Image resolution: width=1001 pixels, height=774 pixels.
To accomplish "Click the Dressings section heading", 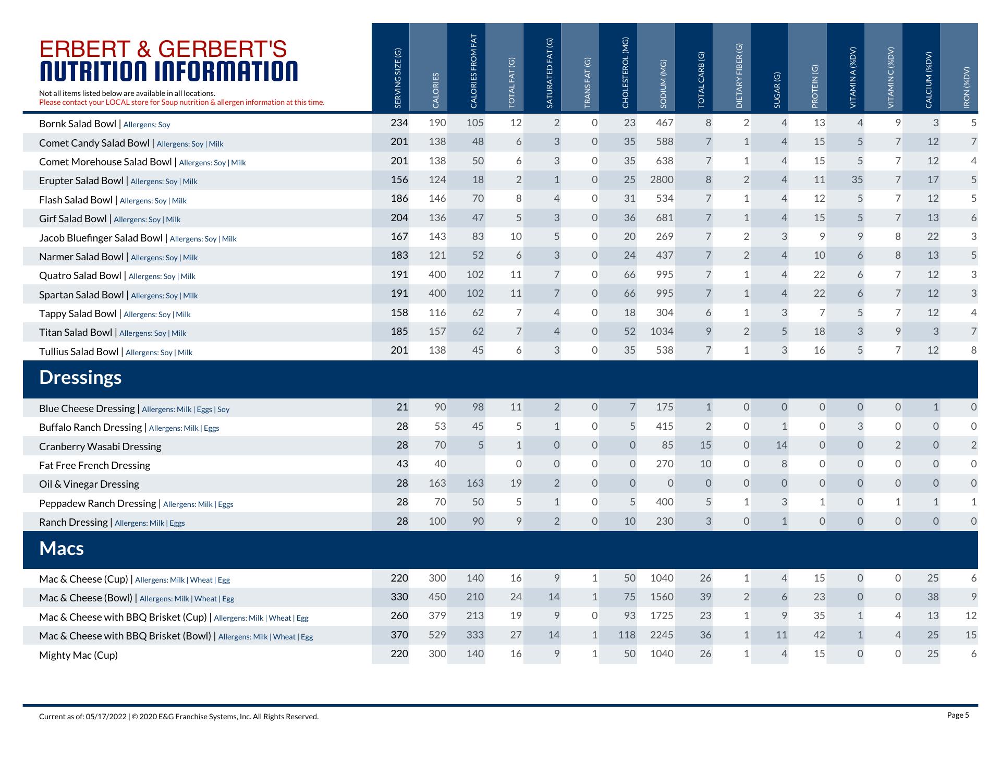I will tap(80, 378).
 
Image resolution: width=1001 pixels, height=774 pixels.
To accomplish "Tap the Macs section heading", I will tap(62, 549).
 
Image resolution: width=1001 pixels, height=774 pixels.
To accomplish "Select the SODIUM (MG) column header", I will tap(663, 84).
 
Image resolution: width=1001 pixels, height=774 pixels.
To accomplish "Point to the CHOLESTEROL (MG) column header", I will tap(625, 72).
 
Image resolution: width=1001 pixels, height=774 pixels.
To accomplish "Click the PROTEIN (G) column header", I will tap(815, 87).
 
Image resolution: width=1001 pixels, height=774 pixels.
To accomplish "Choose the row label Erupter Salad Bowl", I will tap(82, 181).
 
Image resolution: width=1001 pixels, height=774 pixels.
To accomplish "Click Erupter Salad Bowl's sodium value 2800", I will tap(662, 180).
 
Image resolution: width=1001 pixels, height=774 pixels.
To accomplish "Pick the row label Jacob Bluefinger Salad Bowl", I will tap(101, 238).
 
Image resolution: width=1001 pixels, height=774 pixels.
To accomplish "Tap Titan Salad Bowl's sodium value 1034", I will tap(662, 332).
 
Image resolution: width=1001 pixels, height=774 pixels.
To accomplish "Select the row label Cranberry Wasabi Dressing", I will tap(100, 447).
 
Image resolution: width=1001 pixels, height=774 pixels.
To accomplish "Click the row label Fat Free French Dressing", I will tap(94, 466).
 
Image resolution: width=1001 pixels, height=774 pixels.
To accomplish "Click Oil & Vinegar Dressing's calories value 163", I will tap(437, 483).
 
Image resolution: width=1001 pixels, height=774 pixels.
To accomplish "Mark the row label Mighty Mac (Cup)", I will tap(78, 656).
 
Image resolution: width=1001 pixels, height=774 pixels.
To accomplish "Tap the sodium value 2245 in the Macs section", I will tap(662, 635).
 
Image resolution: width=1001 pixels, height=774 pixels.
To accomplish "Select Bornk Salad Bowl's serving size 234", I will tap(399, 123).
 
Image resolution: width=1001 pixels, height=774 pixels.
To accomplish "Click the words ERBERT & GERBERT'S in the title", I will tap(163, 49).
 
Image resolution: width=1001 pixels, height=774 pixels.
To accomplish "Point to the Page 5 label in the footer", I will tap(958, 715).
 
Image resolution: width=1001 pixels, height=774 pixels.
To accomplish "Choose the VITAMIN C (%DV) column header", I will tap(891, 78).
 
